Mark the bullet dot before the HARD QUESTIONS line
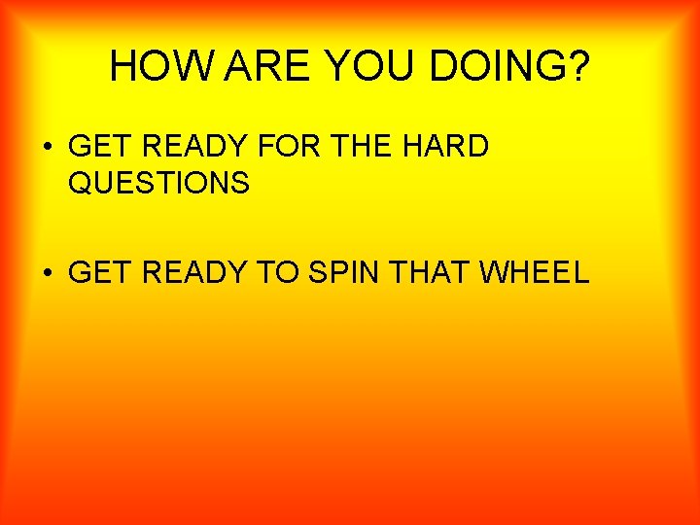pyautogui.click(x=48, y=148)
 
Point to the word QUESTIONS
pyautogui.click(x=159, y=182)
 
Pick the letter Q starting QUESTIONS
pyautogui.click(x=80, y=182)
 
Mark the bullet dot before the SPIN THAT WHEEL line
pyautogui.click(x=48, y=273)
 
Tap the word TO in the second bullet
pyautogui.click(x=277, y=272)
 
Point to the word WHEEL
pyautogui.click(x=535, y=272)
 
